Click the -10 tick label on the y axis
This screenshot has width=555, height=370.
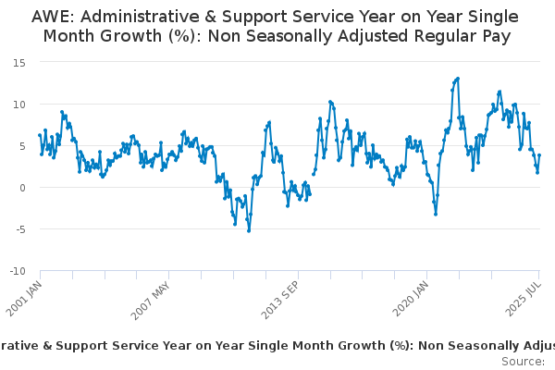[18, 271]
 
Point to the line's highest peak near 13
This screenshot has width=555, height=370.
[458, 79]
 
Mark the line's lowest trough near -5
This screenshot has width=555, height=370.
[249, 230]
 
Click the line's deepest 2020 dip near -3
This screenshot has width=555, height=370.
[436, 214]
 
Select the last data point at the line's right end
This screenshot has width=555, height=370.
[539, 155]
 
